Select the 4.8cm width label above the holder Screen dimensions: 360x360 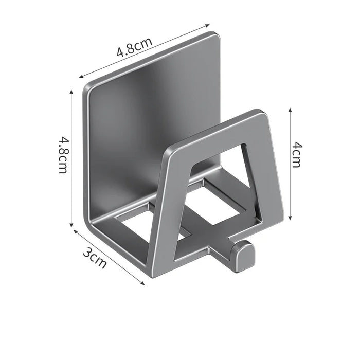coord(134,50)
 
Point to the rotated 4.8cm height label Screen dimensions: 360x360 coord(62,155)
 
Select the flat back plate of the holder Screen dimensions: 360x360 coord(149,113)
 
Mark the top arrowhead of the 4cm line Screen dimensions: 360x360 coord(290,110)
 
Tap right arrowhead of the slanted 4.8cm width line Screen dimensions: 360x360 coord(209,24)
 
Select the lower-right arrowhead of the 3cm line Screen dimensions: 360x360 coord(143,282)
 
